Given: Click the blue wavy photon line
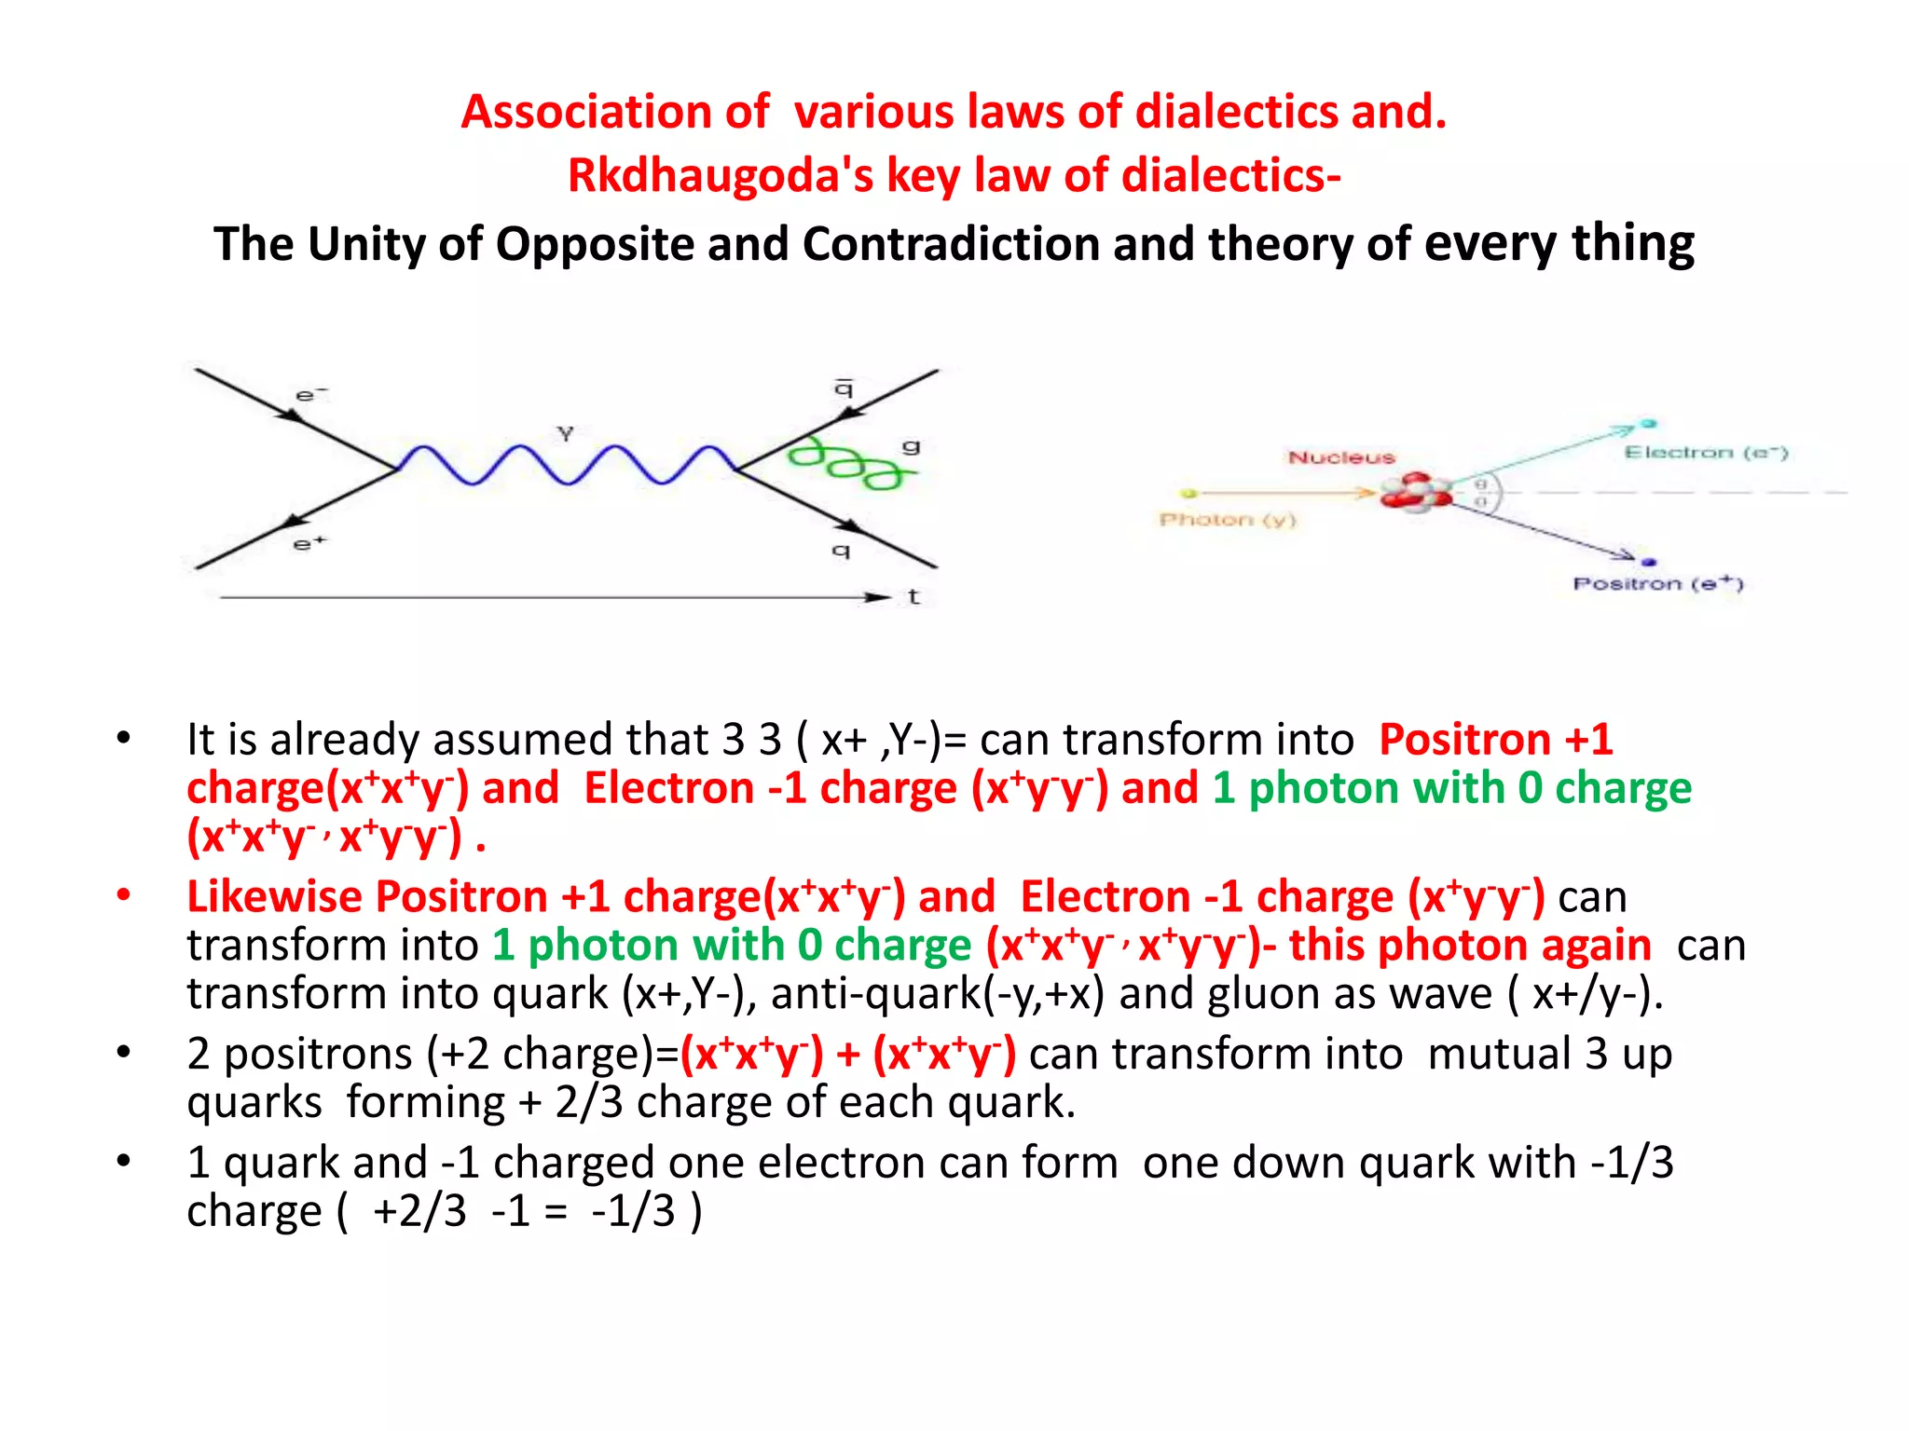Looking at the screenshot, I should coord(567,464).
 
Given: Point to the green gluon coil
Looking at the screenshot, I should coord(844,463).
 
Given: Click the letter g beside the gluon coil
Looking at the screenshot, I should coord(911,447).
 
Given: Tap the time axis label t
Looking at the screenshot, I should coord(913,597).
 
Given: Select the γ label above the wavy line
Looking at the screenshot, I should coord(565,433).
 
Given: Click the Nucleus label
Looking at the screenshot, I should coord(1341,457).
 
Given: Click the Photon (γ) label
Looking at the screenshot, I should coord(1227,520).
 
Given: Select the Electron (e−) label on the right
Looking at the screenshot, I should coord(1705,453).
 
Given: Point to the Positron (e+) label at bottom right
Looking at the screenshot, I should coord(1657,584).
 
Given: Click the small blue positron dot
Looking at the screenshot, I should coord(1649,562).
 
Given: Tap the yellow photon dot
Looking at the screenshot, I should coord(1188,493).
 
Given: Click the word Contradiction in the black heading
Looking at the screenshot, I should coord(950,244).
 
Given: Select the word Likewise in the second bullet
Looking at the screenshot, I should coord(274,897).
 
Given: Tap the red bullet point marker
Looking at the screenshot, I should coord(123,895).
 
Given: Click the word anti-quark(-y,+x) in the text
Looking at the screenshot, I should coord(938,994).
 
